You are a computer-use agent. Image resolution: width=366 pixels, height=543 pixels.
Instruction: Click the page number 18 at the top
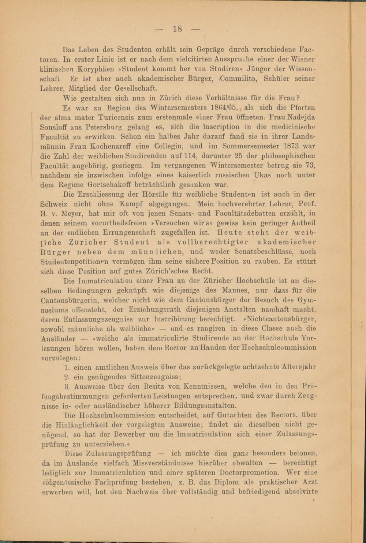tap(177, 29)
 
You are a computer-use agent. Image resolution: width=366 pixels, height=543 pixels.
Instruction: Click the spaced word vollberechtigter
tap(213, 242)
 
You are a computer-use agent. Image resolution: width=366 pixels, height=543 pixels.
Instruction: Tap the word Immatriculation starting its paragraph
tap(100, 281)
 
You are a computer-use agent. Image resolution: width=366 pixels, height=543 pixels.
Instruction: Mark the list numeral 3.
tap(67, 386)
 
